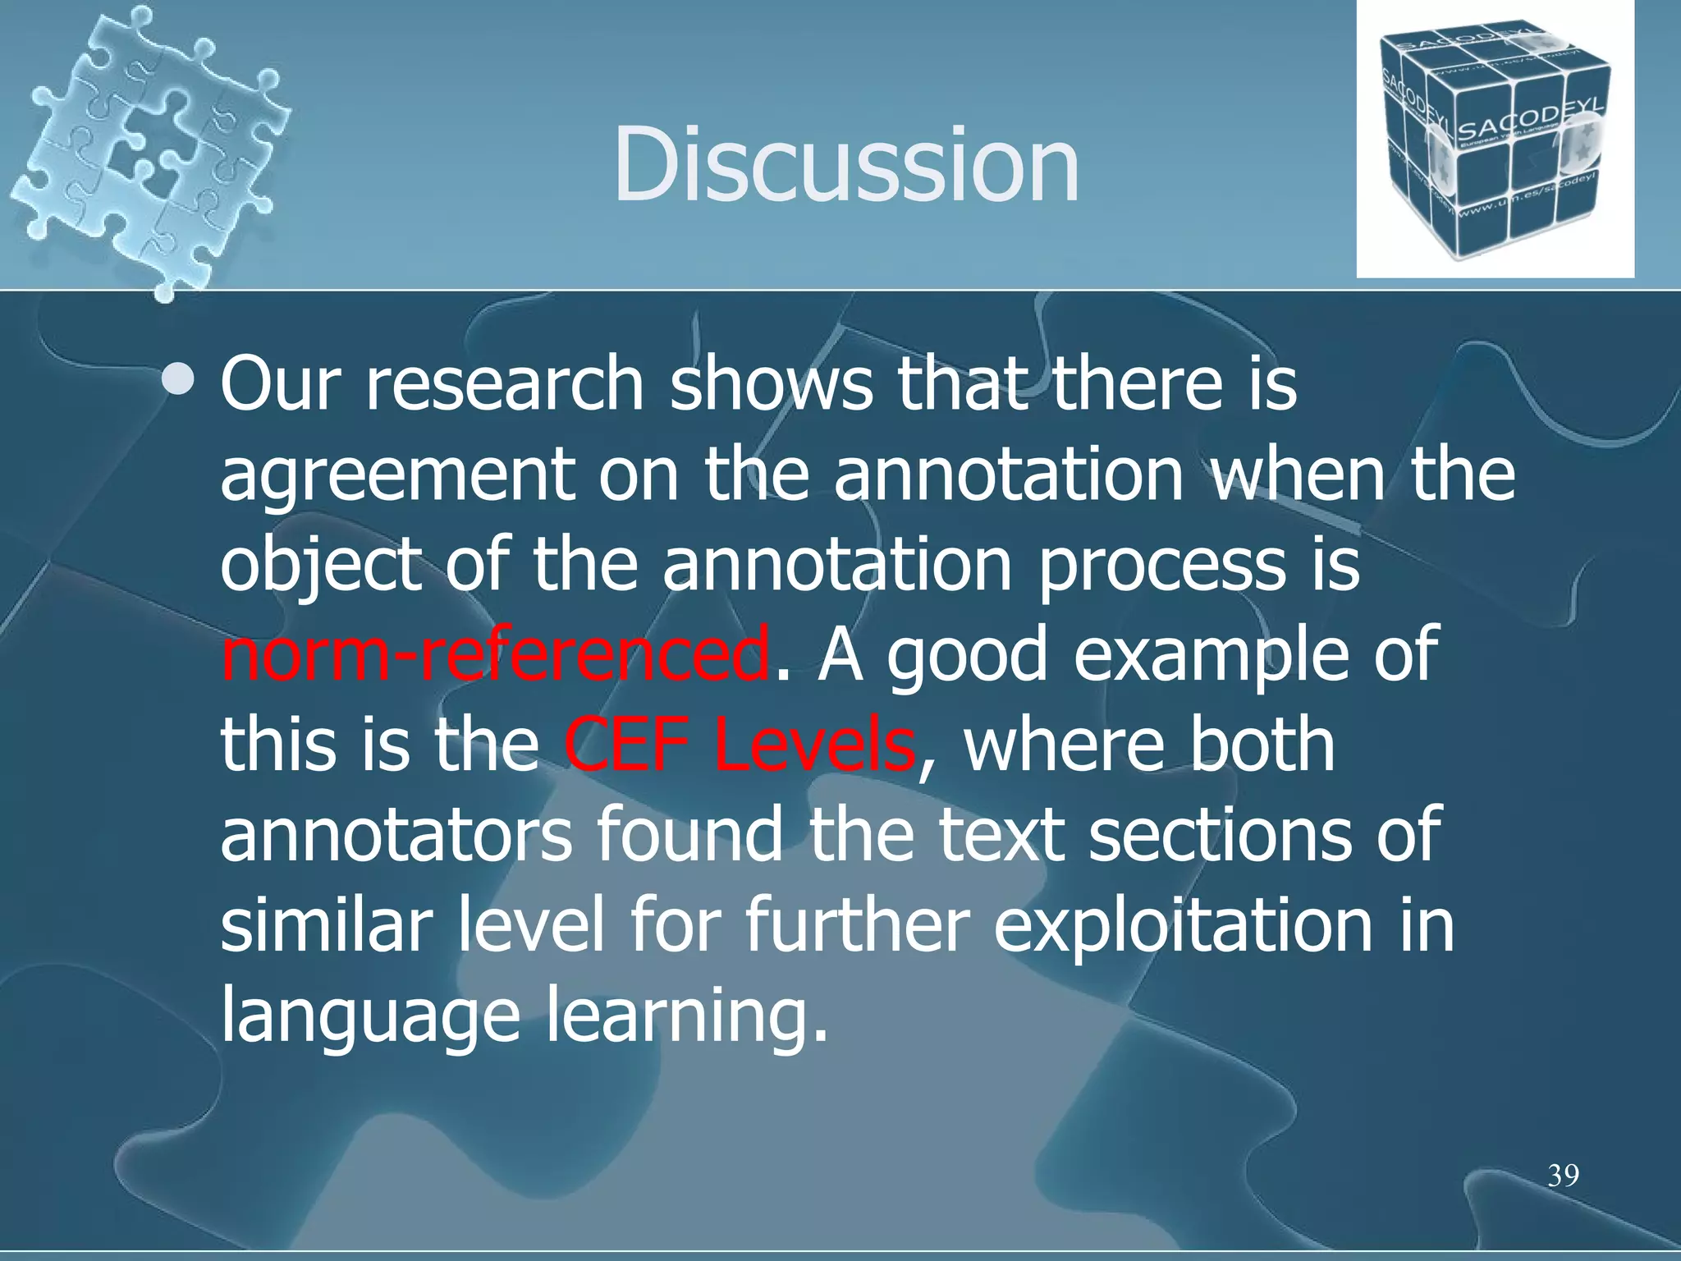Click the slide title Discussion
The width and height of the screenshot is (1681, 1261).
tap(845, 164)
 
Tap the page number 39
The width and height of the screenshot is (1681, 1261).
tap(1563, 1176)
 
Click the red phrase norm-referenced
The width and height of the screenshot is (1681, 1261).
tap(496, 654)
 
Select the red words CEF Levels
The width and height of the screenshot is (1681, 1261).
tap(739, 745)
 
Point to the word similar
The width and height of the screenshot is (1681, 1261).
tap(325, 925)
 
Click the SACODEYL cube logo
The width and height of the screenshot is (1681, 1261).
tap(1494, 140)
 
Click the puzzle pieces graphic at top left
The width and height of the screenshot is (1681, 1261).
tap(148, 148)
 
